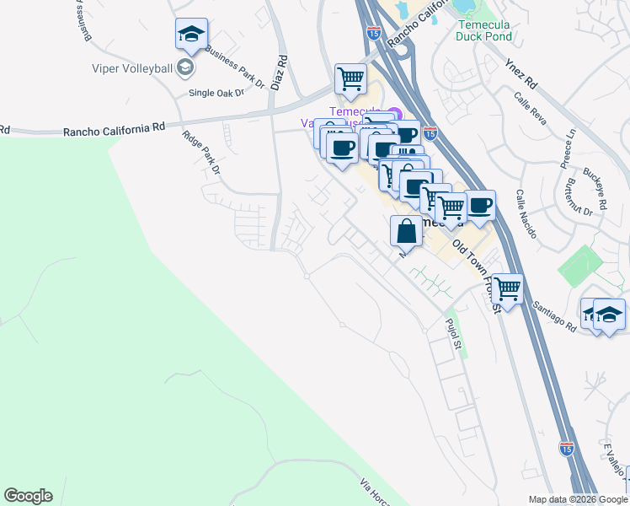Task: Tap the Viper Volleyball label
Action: pos(133,68)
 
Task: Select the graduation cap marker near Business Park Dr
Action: pos(191,35)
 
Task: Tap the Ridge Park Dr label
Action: pos(201,152)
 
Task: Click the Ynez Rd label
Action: pos(521,75)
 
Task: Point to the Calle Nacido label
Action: pos(526,214)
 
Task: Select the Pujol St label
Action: pos(454,333)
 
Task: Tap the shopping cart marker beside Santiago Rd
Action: pos(507,288)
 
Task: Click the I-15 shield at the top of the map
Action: pos(374,33)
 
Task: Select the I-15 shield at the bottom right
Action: pos(567,449)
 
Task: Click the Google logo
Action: pos(28,496)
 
